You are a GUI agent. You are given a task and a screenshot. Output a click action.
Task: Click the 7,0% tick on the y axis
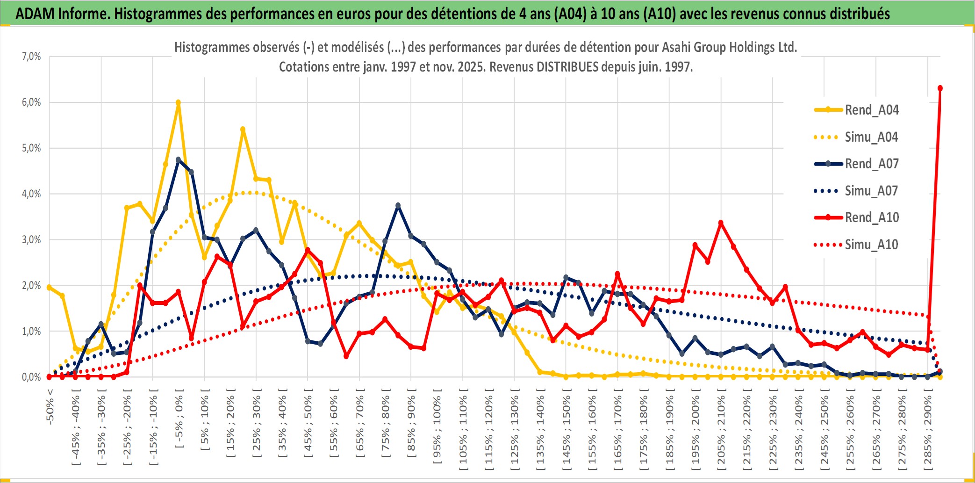[x=31, y=57]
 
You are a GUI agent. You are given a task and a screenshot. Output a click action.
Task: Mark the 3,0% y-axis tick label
[x=31, y=240]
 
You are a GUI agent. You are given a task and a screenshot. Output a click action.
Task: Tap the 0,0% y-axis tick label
[x=31, y=377]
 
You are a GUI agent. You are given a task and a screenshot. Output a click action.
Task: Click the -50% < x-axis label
[x=50, y=406]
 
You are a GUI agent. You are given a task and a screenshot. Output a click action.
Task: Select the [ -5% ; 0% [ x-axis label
[x=179, y=418]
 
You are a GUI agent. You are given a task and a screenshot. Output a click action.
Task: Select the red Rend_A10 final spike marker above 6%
[x=940, y=88]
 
